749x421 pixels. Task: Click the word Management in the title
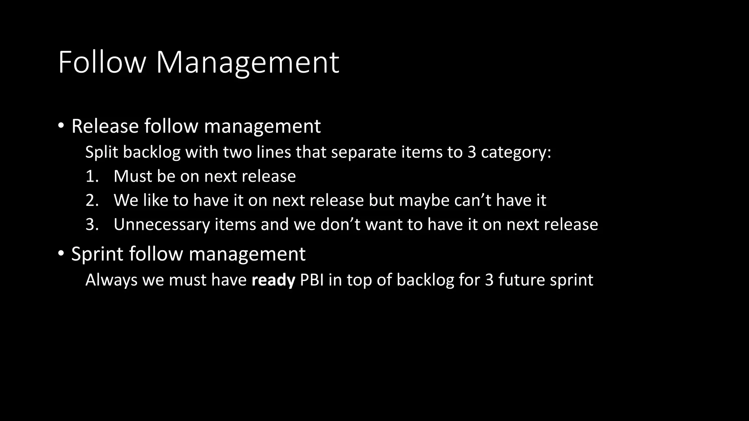coord(248,62)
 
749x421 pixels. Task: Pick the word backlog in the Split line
coord(152,152)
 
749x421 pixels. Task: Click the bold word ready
coord(273,280)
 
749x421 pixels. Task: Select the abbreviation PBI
coord(312,280)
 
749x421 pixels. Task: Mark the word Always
coord(111,280)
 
